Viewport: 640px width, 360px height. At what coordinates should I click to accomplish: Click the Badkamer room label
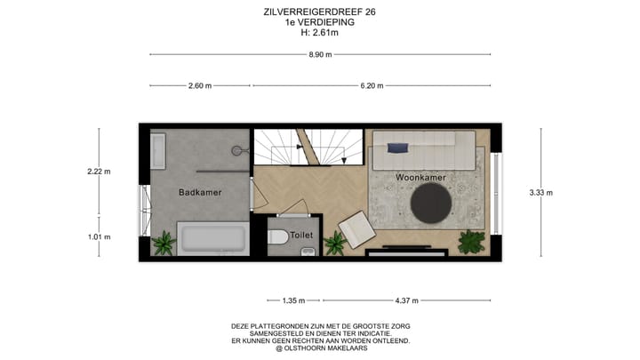pyautogui.click(x=200, y=192)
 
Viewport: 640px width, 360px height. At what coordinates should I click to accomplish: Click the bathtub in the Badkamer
pyautogui.click(x=212, y=239)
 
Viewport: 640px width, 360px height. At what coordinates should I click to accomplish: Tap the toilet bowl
pyautogui.click(x=276, y=237)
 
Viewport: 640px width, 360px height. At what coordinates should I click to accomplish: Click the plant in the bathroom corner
pyautogui.click(x=163, y=242)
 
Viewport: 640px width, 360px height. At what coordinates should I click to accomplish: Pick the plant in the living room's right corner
pyautogui.click(x=470, y=241)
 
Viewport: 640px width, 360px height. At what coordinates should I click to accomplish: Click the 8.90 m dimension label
pyautogui.click(x=319, y=55)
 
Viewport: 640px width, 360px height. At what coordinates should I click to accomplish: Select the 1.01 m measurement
pyautogui.click(x=99, y=236)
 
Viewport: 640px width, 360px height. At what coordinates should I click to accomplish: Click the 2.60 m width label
pyautogui.click(x=200, y=86)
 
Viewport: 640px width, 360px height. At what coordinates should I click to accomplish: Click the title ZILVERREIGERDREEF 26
pyautogui.click(x=319, y=12)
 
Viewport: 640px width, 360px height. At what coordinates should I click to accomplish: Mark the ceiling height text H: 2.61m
pyautogui.click(x=319, y=33)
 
